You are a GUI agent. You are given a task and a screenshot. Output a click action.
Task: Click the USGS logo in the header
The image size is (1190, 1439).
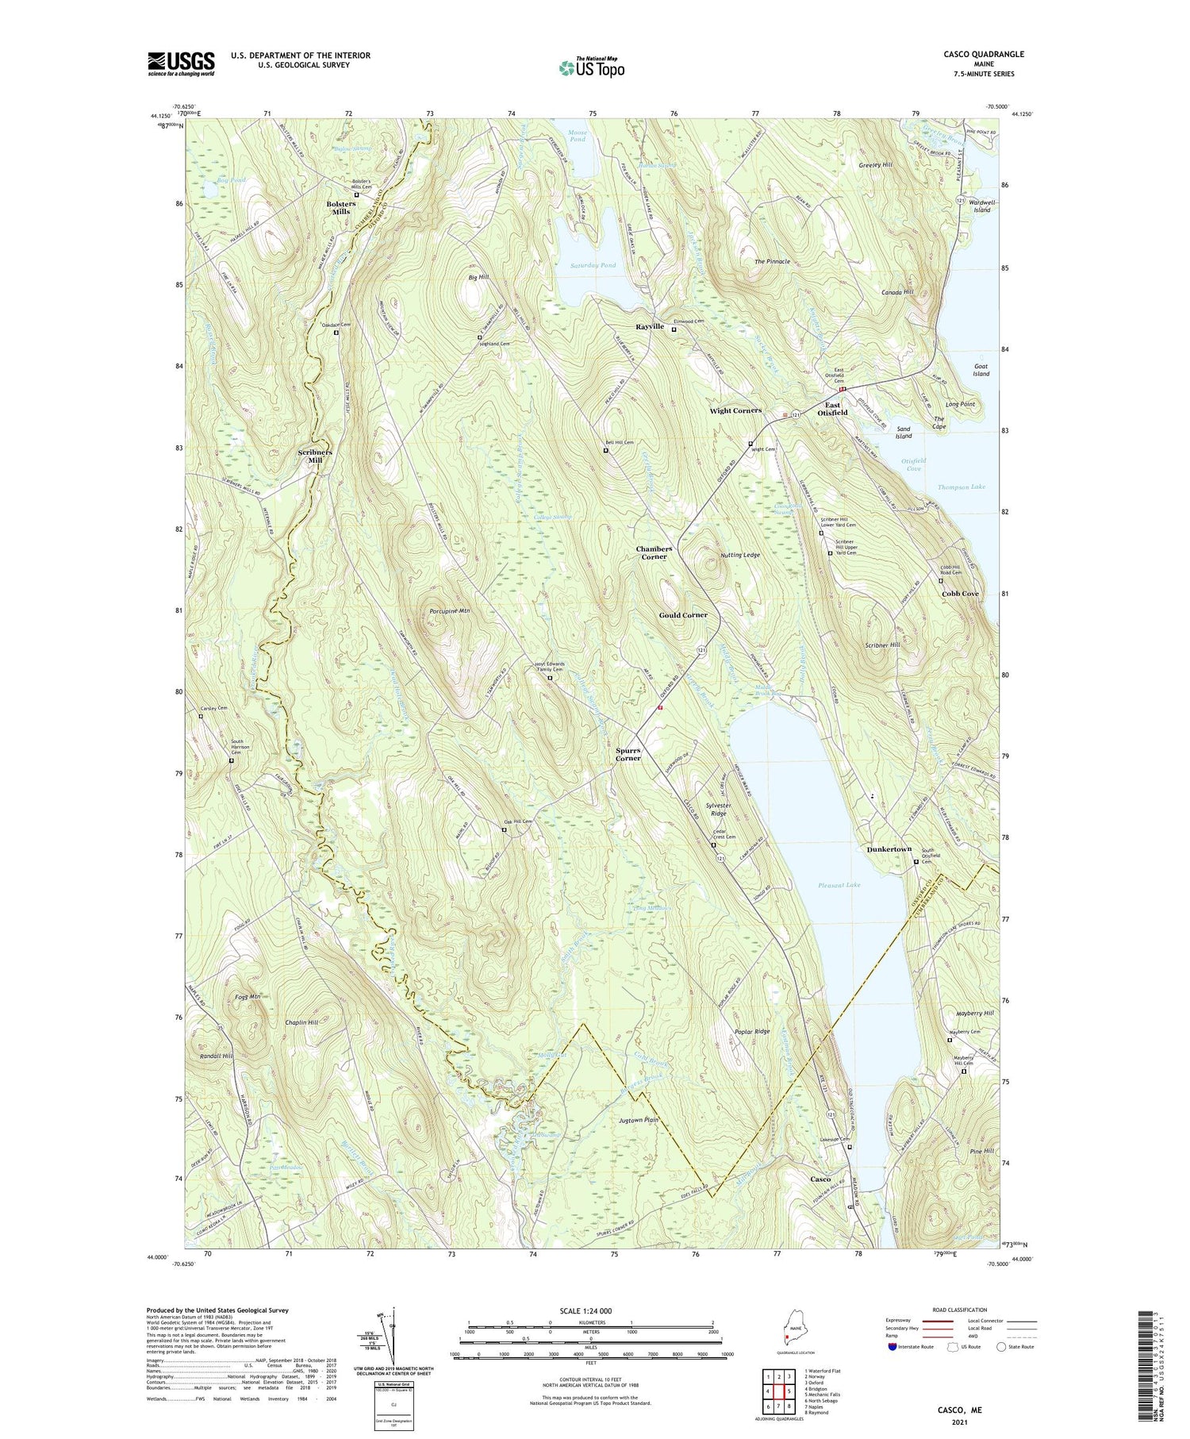pos(181,63)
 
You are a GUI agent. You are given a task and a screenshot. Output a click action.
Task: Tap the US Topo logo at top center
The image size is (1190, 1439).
pos(591,67)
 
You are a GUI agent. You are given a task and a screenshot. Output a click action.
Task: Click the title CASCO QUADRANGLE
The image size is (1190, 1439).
pos(979,54)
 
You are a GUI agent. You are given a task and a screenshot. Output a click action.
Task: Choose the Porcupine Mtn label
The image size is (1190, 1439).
pos(450,611)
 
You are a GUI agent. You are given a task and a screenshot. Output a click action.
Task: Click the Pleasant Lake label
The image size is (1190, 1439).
pos(839,884)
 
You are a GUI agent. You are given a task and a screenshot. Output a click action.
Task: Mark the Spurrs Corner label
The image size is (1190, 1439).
pos(628,753)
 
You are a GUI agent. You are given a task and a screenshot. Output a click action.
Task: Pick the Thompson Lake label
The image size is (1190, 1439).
pos(961,487)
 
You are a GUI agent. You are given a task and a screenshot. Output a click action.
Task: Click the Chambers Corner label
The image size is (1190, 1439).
pos(654,552)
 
